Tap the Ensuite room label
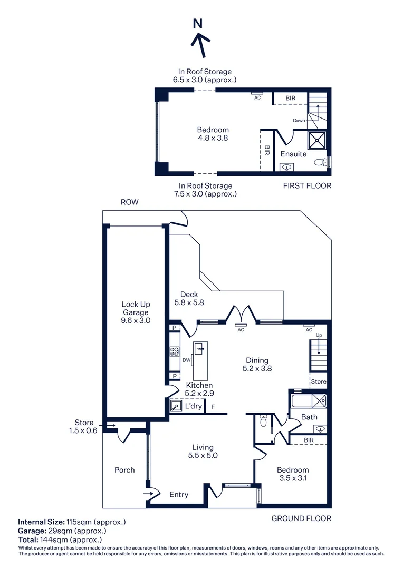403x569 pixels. (x=293, y=154)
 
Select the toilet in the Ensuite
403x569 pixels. (x=320, y=162)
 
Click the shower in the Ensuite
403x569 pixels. (x=317, y=140)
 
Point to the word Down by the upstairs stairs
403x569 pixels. (x=299, y=121)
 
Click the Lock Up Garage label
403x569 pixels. (x=136, y=308)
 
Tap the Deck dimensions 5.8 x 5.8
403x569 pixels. (x=189, y=302)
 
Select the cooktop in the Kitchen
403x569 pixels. (x=175, y=351)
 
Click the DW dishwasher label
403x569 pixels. (x=186, y=360)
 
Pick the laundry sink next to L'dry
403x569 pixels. (x=176, y=406)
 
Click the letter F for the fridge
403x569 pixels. (x=213, y=407)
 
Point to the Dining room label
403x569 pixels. (x=257, y=360)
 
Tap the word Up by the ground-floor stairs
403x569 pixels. (x=319, y=335)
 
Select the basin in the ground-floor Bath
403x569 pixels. (x=320, y=429)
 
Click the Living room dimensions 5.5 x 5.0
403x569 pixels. (x=203, y=455)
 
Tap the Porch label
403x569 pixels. (x=124, y=470)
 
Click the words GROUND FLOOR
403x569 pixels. (x=301, y=518)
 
